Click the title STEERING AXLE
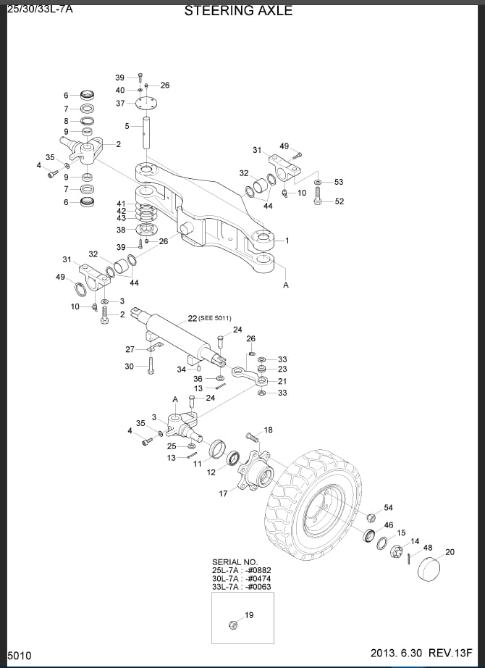(238, 11)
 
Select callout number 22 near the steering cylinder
(192, 319)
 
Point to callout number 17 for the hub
(224, 493)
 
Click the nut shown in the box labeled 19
(234, 625)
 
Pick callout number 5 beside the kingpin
(127, 126)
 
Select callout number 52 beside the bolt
(339, 201)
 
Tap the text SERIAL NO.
(235, 561)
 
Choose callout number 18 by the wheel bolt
(269, 430)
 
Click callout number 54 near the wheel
(389, 508)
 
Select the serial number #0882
(258, 570)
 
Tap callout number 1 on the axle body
(287, 240)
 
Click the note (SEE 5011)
(215, 319)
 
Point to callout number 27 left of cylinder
(130, 349)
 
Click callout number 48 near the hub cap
(428, 548)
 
